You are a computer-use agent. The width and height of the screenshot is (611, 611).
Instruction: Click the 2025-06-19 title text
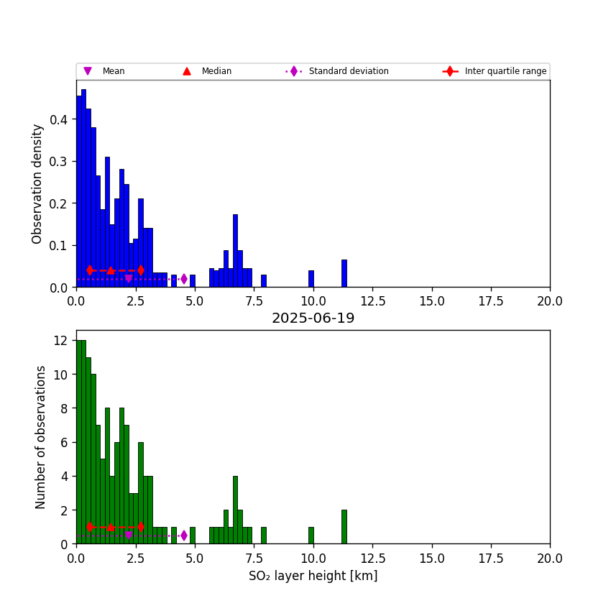click(313, 318)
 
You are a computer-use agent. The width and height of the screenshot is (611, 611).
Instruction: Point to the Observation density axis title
click(37, 183)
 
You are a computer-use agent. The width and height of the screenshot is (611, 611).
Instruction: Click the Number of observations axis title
click(41, 437)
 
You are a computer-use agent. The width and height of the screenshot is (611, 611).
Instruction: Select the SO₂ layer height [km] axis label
click(313, 576)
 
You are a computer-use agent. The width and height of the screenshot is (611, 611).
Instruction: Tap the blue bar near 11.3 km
click(344, 274)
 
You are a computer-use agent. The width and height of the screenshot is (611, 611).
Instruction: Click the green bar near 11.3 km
click(344, 527)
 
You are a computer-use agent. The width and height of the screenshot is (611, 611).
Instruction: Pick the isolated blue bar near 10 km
click(311, 279)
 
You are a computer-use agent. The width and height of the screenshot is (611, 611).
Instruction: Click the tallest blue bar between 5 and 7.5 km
click(235, 252)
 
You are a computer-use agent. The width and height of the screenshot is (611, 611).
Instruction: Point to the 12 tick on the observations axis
click(63, 340)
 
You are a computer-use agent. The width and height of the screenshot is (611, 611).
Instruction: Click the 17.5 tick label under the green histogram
click(490, 558)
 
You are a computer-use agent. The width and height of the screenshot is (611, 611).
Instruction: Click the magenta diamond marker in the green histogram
click(184, 536)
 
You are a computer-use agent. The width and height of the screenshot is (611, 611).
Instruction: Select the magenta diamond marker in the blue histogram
click(184, 279)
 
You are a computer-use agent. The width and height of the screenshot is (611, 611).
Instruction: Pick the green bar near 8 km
click(263, 536)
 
